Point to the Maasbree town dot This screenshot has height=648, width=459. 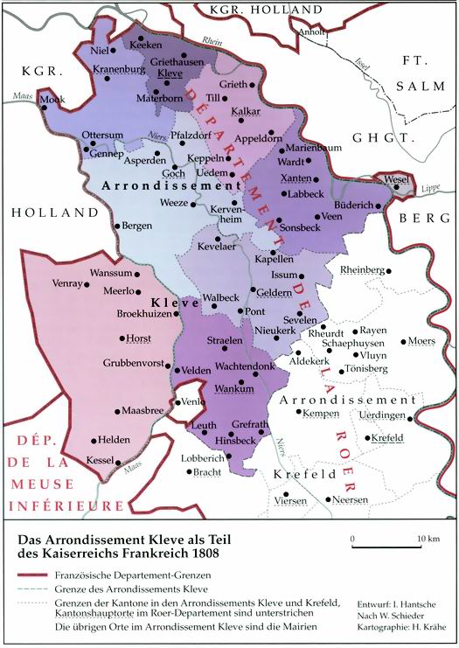pyautogui.click(x=117, y=411)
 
